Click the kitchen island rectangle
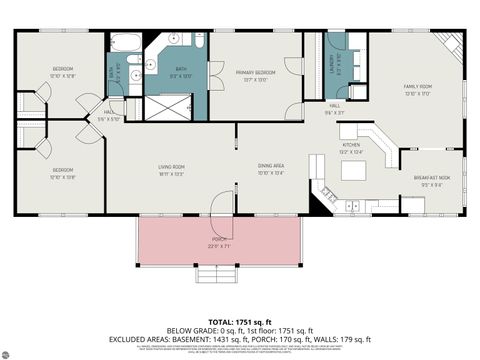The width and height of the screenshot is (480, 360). (355, 171)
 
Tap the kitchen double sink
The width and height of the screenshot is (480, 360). (353, 207)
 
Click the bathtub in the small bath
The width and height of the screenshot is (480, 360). (126, 43)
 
